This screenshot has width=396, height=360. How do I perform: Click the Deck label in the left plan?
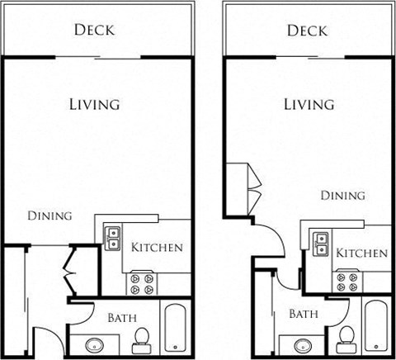coord(94,31)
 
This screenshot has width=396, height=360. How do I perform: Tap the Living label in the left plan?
coord(94,104)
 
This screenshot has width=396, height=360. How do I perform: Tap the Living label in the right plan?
coord(309,104)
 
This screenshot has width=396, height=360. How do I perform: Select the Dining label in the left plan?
coord(49,216)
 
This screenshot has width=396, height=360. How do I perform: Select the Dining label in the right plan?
coord(342,196)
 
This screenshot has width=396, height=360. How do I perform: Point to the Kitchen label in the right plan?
coord(362,253)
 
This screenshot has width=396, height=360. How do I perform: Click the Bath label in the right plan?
coord(304,314)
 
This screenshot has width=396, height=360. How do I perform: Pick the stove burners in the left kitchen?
coord(141,283)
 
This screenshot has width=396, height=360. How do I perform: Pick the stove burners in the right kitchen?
coord(346,283)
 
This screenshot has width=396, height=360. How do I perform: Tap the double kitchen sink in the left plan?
coord(112,239)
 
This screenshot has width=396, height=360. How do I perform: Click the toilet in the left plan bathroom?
coord(141,339)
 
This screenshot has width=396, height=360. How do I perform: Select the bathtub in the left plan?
coord(177,330)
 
